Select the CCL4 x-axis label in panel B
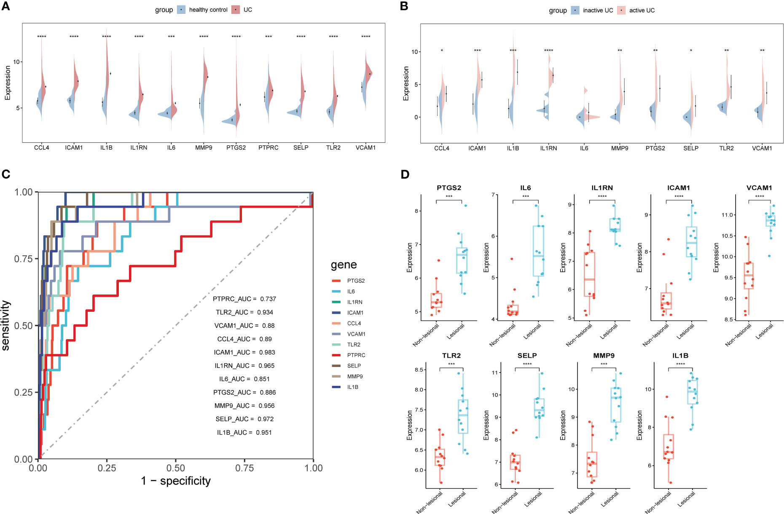pyautogui.click(x=441, y=148)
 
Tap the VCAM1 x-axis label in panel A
pyautogui.click(x=365, y=147)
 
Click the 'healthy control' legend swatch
pyautogui.click(x=181, y=10)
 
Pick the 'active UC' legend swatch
pyautogui.click(x=621, y=10)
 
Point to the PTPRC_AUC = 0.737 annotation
pyautogui.click(x=244, y=299)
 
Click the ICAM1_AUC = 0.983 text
pyautogui.click(x=244, y=352)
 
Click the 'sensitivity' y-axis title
pyautogui.click(x=6, y=325)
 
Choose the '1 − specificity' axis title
pyautogui.click(x=175, y=481)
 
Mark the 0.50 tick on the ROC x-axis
pyautogui.click(x=175, y=468)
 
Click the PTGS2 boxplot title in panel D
pyautogui.click(x=449, y=187)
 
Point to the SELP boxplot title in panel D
pyautogui.click(x=527, y=356)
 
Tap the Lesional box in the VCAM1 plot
pyautogui.click(x=771, y=220)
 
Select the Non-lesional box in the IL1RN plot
pyautogui.click(x=589, y=274)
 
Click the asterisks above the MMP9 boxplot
pyautogui.click(x=604, y=364)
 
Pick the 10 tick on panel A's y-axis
pyautogui.click(x=17, y=62)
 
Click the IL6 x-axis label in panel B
pyautogui.click(x=584, y=148)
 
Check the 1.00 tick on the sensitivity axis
pyautogui.click(x=24, y=192)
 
